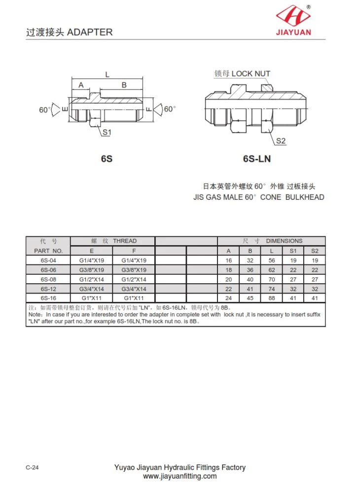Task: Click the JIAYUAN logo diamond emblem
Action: pyautogui.click(x=293, y=16)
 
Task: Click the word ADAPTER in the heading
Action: pyautogui.click(x=90, y=32)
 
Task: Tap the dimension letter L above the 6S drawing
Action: pyautogui.click(x=107, y=74)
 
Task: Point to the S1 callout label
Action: pyautogui.click(x=107, y=132)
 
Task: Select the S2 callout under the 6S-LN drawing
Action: pyautogui.click(x=281, y=141)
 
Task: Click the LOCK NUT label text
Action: pyautogui.click(x=251, y=74)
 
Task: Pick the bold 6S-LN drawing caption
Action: pyautogui.click(x=257, y=159)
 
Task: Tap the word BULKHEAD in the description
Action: pyautogui.click(x=305, y=197)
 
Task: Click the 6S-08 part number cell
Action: pyautogui.click(x=48, y=279)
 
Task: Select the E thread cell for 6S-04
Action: pyautogui.click(x=92, y=261)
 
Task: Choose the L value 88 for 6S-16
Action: pyautogui.click(x=272, y=298)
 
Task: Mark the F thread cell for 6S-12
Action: pyautogui.click(x=134, y=289)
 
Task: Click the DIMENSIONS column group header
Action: pyautogui.click(x=284, y=241)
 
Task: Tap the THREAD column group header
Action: pyautogui.click(x=125, y=241)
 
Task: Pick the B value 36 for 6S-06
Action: pyautogui.click(x=250, y=270)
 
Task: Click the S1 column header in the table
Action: pyautogui.click(x=293, y=251)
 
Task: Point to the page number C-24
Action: pyautogui.click(x=32, y=467)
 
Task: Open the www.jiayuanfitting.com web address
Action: pyautogui.click(x=180, y=476)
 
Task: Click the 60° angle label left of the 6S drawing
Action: pyautogui.click(x=44, y=110)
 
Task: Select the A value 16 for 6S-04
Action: pyautogui.click(x=228, y=261)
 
